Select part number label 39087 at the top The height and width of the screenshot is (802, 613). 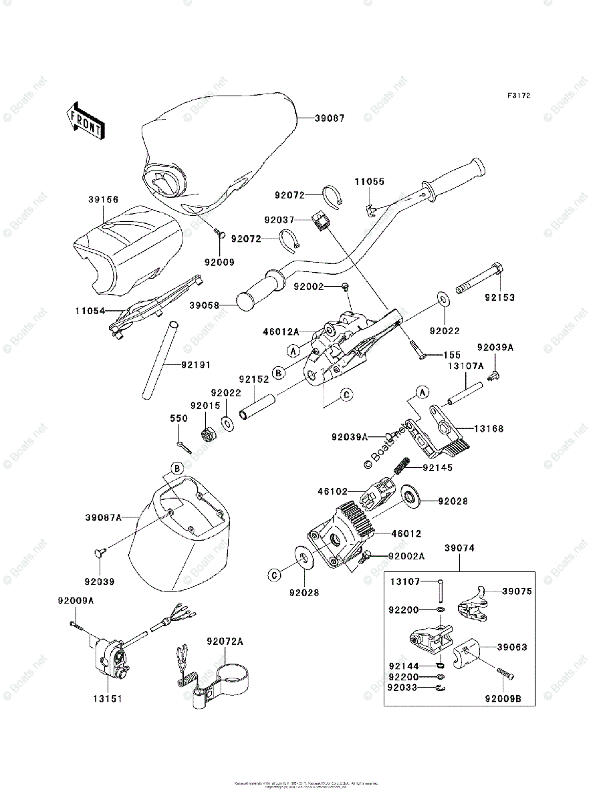pos(330,118)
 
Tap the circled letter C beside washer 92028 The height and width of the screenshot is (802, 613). pos(276,573)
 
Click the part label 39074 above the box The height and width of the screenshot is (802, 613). pos(459,548)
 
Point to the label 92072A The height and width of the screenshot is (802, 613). pos(225,642)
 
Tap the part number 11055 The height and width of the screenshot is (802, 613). pos(369,181)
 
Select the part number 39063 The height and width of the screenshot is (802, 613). pos(512,647)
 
